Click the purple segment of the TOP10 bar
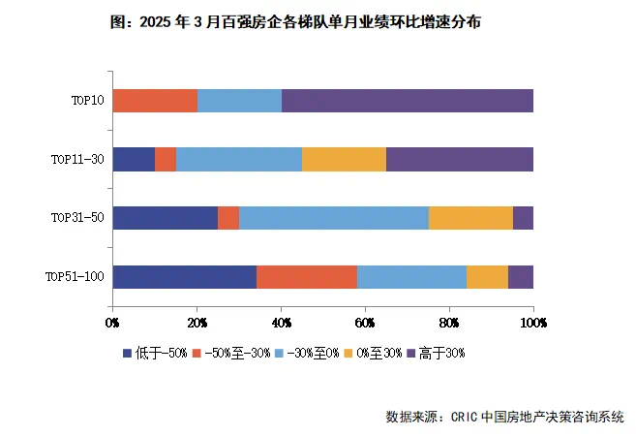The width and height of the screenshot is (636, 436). [x=407, y=101]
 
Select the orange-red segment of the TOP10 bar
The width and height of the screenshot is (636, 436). [x=155, y=101]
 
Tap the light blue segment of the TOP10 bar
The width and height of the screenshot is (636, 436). [x=239, y=101]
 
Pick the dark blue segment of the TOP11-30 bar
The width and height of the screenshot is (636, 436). [x=134, y=159]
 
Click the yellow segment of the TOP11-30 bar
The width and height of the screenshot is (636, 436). [x=344, y=159]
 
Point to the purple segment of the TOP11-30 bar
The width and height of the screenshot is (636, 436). [x=459, y=159]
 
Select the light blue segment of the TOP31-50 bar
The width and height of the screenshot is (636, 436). [x=334, y=218]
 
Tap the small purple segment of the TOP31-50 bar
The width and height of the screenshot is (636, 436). [x=523, y=218]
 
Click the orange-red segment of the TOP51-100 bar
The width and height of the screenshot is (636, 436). [x=306, y=276]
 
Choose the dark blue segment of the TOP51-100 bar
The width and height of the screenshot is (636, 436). [x=184, y=276]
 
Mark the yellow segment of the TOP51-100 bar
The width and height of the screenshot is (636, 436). [x=487, y=276]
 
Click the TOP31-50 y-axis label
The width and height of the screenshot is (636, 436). [x=77, y=218]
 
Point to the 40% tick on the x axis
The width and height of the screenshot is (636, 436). [x=281, y=321]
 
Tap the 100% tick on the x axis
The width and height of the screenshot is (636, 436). [x=532, y=321]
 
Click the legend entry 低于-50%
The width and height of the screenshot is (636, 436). [x=157, y=354]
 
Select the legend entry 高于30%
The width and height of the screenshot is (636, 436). [x=441, y=354]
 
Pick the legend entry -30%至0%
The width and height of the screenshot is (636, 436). [x=309, y=354]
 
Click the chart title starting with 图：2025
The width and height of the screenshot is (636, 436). [x=296, y=22]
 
